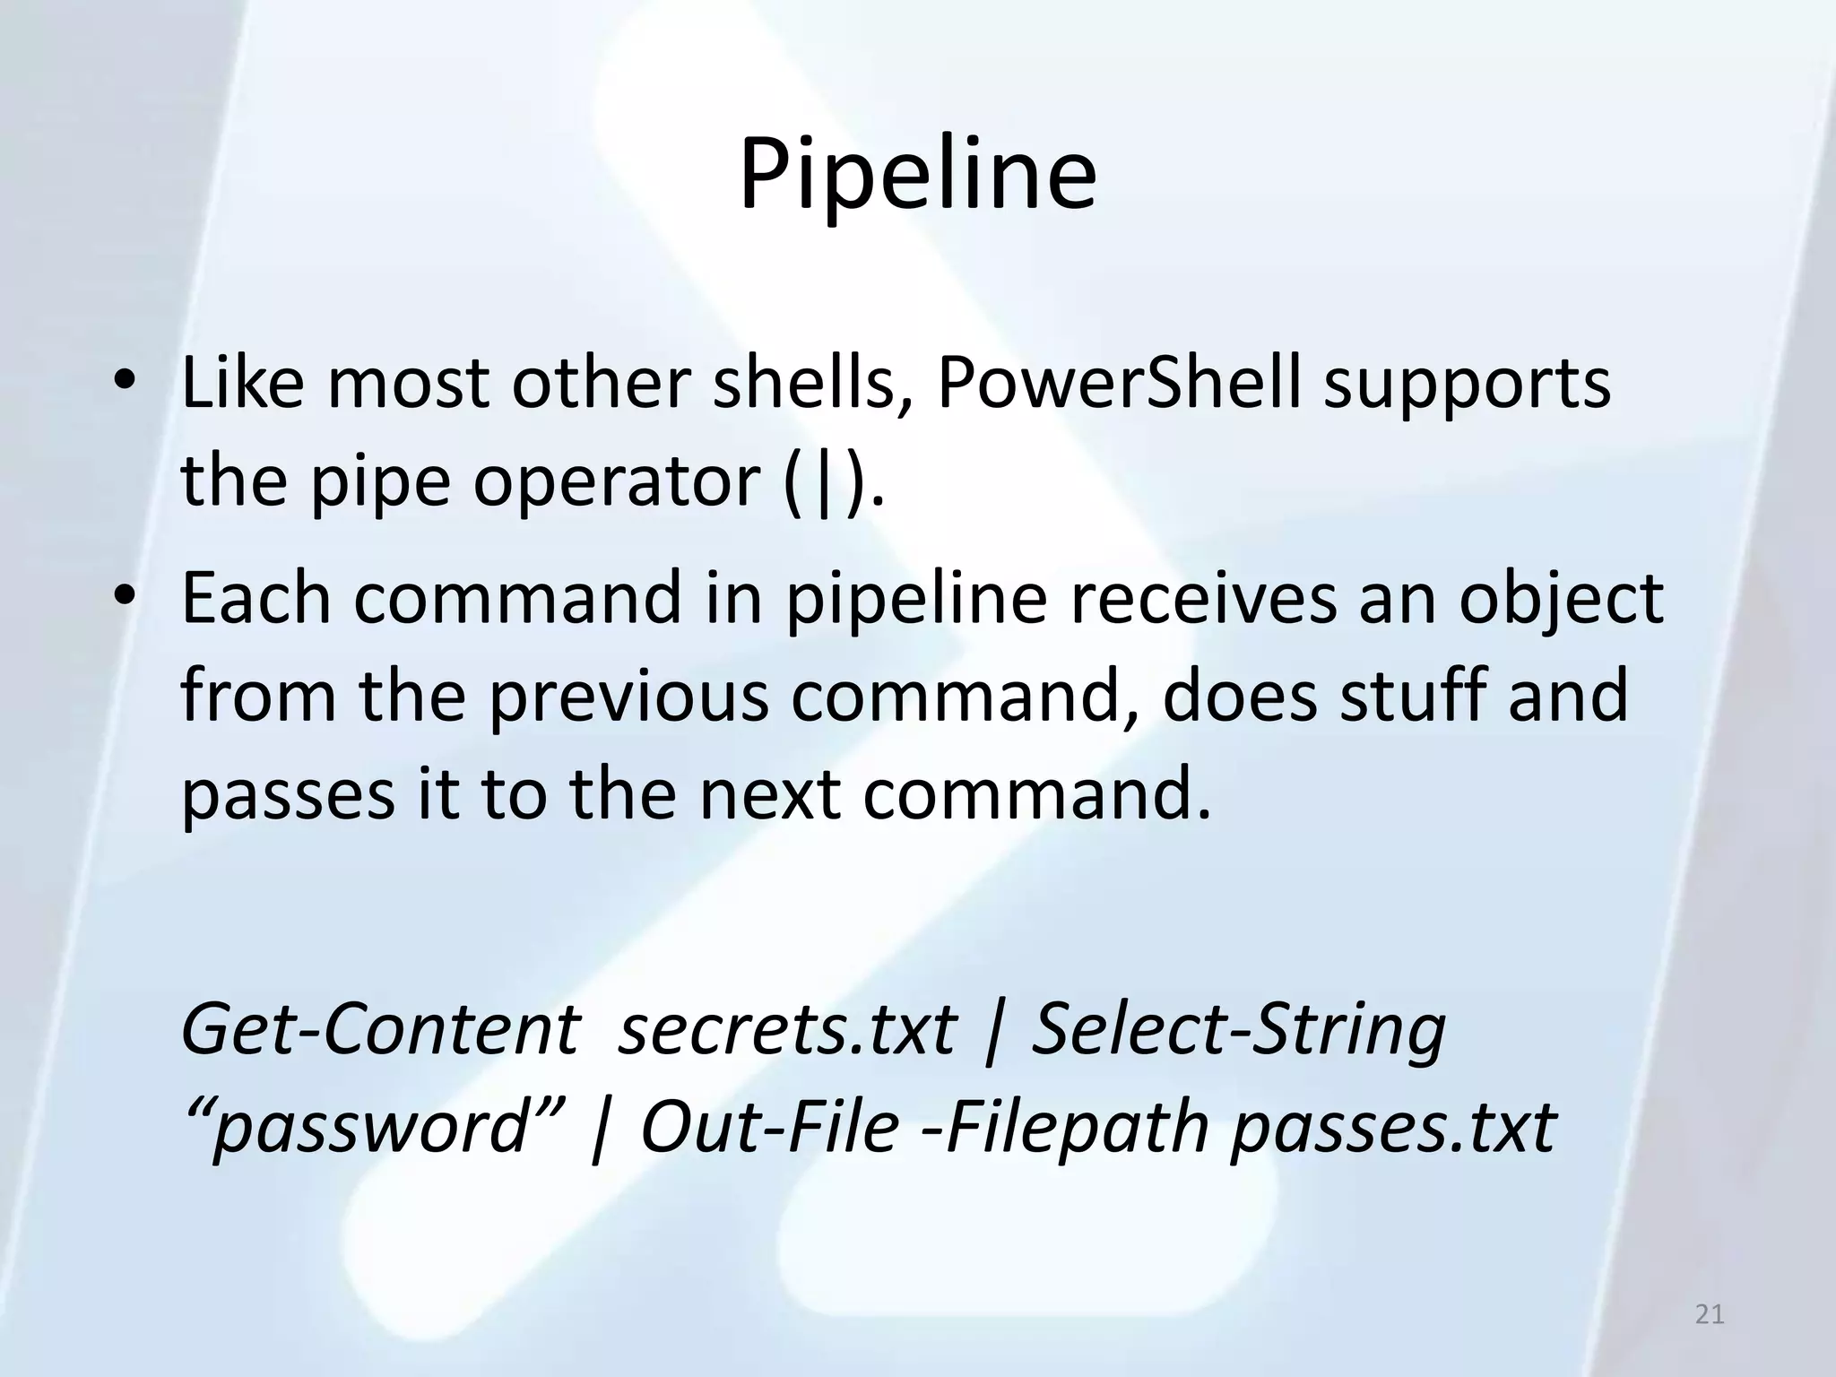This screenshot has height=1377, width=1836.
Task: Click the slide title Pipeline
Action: pos(917,175)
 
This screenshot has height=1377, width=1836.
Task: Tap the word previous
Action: pos(628,697)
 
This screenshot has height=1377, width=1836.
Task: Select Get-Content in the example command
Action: pos(380,1029)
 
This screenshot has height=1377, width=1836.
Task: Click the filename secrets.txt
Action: pos(788,1029)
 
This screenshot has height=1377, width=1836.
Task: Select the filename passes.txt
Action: pos(1393,1128)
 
